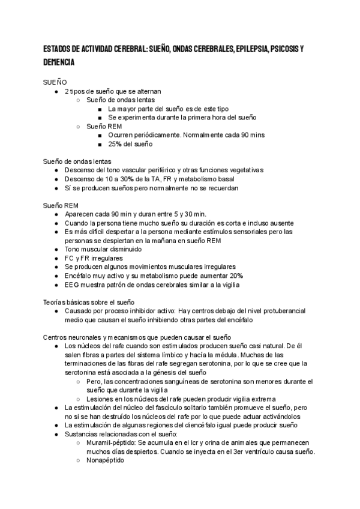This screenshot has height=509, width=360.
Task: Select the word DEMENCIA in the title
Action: point(58,62)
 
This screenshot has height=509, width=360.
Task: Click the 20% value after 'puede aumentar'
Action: point(235,276)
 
